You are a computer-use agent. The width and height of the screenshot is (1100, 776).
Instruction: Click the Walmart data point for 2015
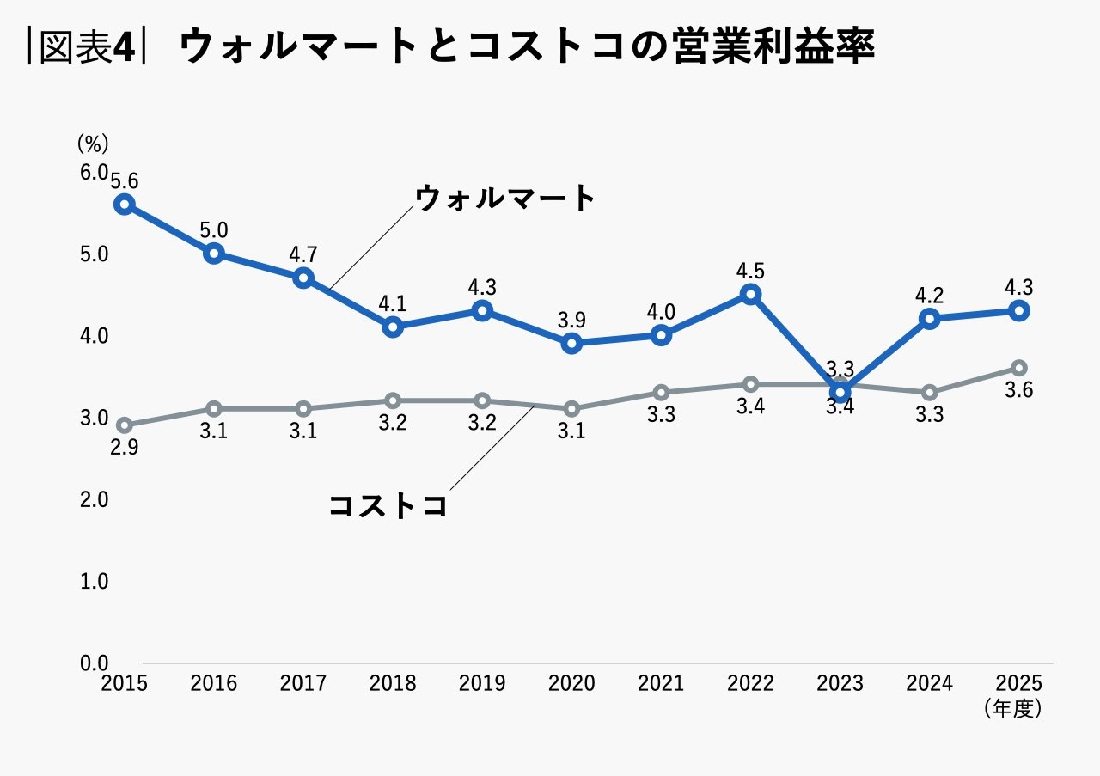tap(125, 204)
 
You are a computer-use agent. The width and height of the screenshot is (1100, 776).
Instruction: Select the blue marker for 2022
tap(751, 294)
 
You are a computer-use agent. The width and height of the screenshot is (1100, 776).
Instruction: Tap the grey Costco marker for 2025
tap(1019, 368)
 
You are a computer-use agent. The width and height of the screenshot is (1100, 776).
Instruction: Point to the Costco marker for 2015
tap(125, 425)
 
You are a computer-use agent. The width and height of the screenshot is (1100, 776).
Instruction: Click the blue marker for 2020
tap(571, 343)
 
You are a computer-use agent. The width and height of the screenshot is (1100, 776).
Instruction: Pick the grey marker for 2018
tap(393, 400)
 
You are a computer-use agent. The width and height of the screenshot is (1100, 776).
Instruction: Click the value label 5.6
tap(125, 180)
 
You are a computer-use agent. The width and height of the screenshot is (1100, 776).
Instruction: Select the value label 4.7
tap(303, 254)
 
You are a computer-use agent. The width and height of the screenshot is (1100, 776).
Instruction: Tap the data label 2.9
tap(124, 447)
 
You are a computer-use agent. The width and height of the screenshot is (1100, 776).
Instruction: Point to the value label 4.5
tap(750, 271)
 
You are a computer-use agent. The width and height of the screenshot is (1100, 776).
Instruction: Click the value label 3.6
tap(1019, 390)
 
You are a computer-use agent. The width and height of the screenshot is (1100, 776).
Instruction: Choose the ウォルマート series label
tap(504, 199)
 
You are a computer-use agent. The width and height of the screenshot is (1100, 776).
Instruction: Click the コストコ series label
tap(388, 505)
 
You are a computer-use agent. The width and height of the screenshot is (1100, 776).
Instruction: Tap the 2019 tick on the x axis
tap(482, 683)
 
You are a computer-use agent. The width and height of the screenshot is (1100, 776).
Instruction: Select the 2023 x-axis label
tap(840, 683)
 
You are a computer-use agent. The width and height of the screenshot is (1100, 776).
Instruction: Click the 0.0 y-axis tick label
tap(94, 663)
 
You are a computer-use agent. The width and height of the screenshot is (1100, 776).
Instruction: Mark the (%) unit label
tap(93, 142)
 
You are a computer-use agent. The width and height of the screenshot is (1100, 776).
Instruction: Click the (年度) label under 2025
tap(1014, 708)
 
